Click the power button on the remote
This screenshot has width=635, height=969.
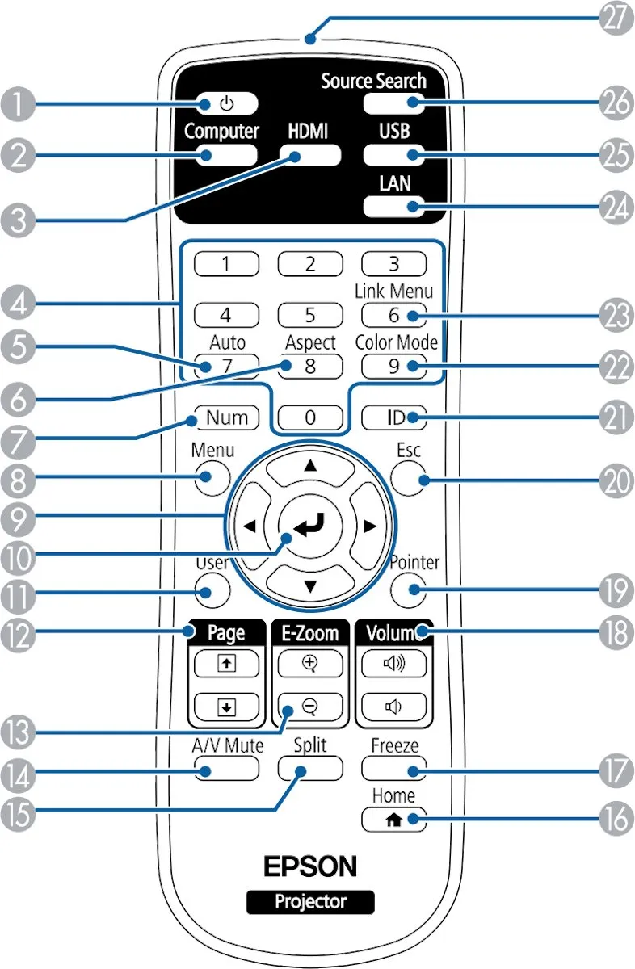pyautogui.click(x=227, y=104)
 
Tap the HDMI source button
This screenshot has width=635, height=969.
pyautogui.click(x=310, y=155)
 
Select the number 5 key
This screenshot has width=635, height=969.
pyautogui.click(x=310, y=315)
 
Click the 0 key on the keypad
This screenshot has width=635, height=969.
pyautogui.click(x=310, y=417)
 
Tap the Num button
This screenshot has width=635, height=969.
pyautogui.click(x=227, y=417)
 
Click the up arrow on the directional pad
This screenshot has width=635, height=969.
pyautogui.click(x=310, y=468)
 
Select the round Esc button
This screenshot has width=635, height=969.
pyautogui.click(x=408, y=478)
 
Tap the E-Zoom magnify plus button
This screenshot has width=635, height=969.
pyautogui.click(x=310, y=664)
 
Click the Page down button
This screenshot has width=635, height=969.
pyautogui.click(x=227, y=707)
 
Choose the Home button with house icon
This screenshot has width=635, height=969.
pyautogui.click(x=394, y=820)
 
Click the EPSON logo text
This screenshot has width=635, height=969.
pyautogui.click(x=310, y=866)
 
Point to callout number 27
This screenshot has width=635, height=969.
pyautogui.click(x=616, y=18)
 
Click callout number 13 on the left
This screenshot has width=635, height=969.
pyautogui.click(x=18, y=732)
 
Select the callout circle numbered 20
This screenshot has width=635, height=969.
pyautogui.click(x=616, y=480)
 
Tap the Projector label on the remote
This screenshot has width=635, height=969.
pyautogui.click(x=310, y=902)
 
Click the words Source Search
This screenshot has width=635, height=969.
pyautogui.click(x=373, y=81)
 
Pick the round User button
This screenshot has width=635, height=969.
pyautogui.click(x=212, y=591)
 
